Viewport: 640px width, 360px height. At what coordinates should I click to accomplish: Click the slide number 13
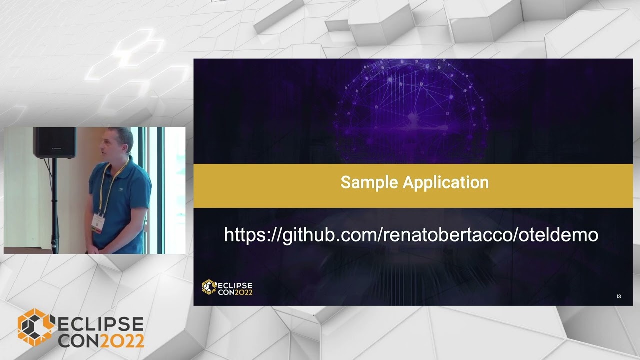[x=618, y=297]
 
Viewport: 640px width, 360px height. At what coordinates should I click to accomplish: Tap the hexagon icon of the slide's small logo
[x=209, y=286]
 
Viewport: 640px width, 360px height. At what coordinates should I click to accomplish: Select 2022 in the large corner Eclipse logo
[x=122, y=340]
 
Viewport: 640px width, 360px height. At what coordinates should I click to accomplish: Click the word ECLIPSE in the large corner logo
[x=100, y=325]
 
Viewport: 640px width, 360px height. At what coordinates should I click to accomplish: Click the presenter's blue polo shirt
[x=125, y=200]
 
